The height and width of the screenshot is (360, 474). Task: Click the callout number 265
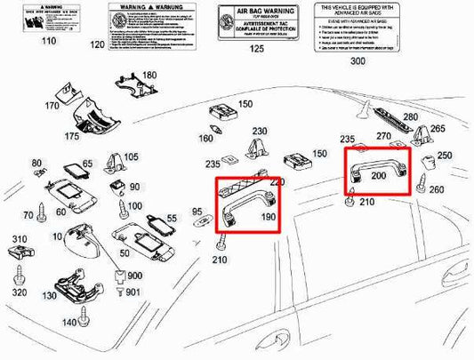[x=438, y=130]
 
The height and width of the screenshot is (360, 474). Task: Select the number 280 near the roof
[x=410, y=117]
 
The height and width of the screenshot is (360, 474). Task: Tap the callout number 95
[x=197, y=213]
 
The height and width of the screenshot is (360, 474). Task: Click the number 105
[x=132, y=157]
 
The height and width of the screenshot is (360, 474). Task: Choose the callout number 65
[x=87, y=164]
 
